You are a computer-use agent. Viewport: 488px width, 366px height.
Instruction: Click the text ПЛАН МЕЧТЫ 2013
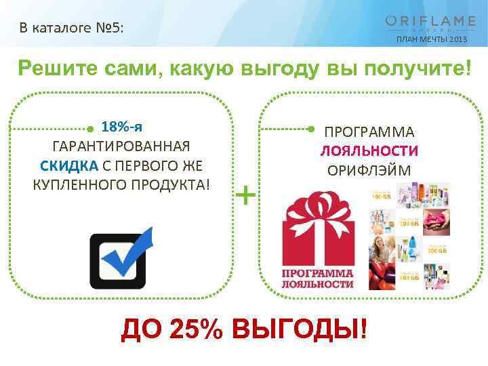tap(430, 39)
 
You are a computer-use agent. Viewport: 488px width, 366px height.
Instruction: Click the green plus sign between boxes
tap(247, 196)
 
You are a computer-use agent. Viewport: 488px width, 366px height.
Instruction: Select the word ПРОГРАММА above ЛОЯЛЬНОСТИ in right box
tap(369, 131)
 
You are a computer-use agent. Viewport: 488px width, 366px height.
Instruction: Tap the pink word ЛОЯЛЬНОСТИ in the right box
tap(369, 150)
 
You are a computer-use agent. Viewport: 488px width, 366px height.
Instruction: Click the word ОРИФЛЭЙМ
tap(369, 170)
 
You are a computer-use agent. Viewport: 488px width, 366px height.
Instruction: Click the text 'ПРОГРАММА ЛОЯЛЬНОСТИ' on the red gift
tap(317, 278)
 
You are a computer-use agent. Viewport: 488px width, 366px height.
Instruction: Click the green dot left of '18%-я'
tap(91, 127)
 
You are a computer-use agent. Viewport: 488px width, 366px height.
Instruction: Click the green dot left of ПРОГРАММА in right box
tap(310, 127)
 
